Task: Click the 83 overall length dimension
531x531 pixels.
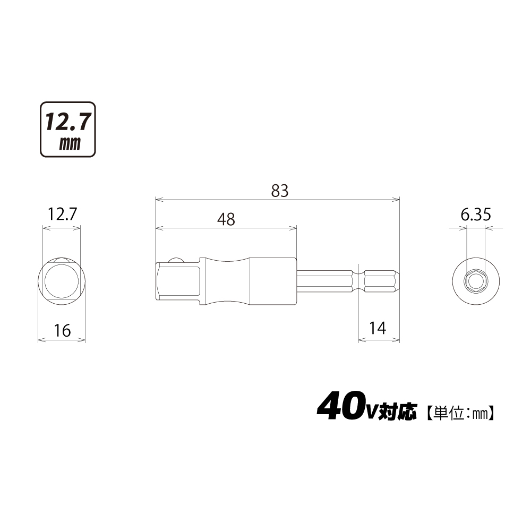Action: (x=280, y=191)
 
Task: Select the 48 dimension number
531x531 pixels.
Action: (x=226, y=219)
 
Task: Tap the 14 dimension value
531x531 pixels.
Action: (x=377, y=328)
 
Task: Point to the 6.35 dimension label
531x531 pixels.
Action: (x=475, y=215)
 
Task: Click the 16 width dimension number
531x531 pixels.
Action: (x=62, y=330)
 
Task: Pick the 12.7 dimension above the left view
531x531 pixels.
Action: (x=62, y=214)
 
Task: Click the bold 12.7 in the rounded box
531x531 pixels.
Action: (x=68, y=122)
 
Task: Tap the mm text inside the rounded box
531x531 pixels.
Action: (x=70, y=143)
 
